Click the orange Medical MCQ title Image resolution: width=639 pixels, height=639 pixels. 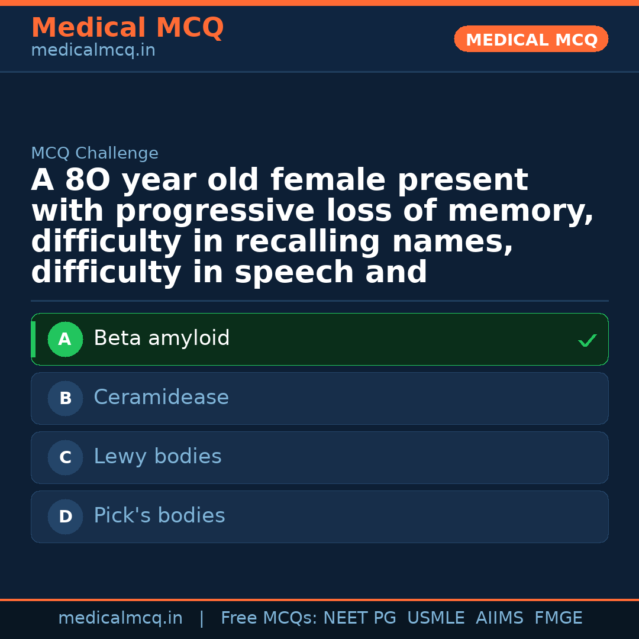[127, 28]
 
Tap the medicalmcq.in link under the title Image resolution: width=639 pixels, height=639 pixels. [93, 51]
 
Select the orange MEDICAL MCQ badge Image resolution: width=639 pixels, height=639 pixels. [531, 40]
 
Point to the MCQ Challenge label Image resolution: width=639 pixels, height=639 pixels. [95, 154]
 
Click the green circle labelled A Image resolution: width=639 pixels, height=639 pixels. [65, 340]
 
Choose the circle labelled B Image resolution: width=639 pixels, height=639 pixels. [65, 399]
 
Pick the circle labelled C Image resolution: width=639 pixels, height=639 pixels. [65, 458]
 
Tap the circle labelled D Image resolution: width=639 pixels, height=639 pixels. [65, 517]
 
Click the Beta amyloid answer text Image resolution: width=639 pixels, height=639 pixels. [162, 339]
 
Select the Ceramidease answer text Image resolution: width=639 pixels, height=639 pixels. [161, 398]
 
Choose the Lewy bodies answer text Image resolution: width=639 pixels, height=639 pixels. [157, 457]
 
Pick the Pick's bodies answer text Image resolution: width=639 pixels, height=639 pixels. [159, 517]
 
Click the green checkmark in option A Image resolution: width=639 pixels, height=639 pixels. [587, 340]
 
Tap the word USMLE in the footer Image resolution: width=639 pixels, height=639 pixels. [436, 618]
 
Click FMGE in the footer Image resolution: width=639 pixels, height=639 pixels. [559, 618]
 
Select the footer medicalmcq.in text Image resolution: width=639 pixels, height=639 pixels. [120, 618]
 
